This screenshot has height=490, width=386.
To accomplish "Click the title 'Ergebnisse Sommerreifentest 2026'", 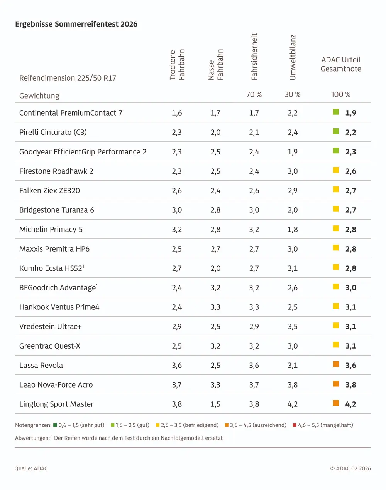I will (x=76, y=24).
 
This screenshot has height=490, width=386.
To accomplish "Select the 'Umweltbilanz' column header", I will (x=293, y=57).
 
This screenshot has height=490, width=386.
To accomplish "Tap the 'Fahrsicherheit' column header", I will (x=254, y=56).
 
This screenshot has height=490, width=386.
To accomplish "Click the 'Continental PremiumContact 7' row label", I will (x=71, y=113).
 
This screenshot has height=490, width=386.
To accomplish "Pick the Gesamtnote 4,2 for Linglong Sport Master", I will (x=350, y=404).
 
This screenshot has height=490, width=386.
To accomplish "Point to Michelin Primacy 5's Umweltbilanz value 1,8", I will (x=293, y=230).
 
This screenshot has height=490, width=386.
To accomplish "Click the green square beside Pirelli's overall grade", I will (x=336, y=131).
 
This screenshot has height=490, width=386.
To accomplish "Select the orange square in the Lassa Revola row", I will (x=336, y=364).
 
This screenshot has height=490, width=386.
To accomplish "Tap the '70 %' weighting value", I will (x=254, y=95).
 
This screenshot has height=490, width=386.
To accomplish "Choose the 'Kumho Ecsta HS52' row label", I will (x=51, y=268).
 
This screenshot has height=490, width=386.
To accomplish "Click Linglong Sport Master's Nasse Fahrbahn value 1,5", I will (x=215, y=404).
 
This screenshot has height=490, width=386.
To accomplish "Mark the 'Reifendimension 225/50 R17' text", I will (x=68, y=78).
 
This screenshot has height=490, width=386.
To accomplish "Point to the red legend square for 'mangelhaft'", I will (x=295, y=425).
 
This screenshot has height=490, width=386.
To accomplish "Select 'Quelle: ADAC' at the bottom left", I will (x=31, y=468).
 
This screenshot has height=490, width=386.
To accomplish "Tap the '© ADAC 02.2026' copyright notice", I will (x=350, y=468).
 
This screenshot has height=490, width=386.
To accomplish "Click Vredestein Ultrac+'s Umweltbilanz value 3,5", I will (x=293, y=327).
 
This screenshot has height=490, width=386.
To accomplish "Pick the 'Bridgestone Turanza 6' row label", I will (x=57, y=210).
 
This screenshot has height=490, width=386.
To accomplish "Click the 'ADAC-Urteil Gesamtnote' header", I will (x=341, y=64).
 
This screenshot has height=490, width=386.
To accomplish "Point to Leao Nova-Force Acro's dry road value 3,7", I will (x=177, y=385).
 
